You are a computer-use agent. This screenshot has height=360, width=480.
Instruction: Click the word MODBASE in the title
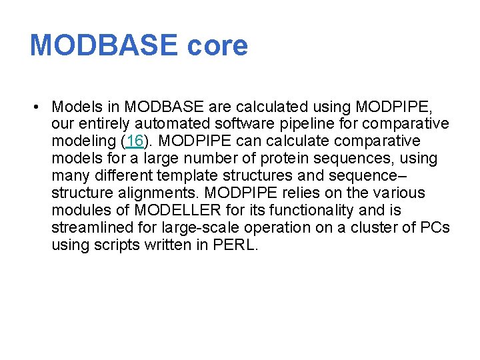tap(104, 45)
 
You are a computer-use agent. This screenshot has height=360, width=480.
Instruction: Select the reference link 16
tap(134, 141)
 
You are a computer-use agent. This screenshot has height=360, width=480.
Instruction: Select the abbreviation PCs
tap(435, 228)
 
